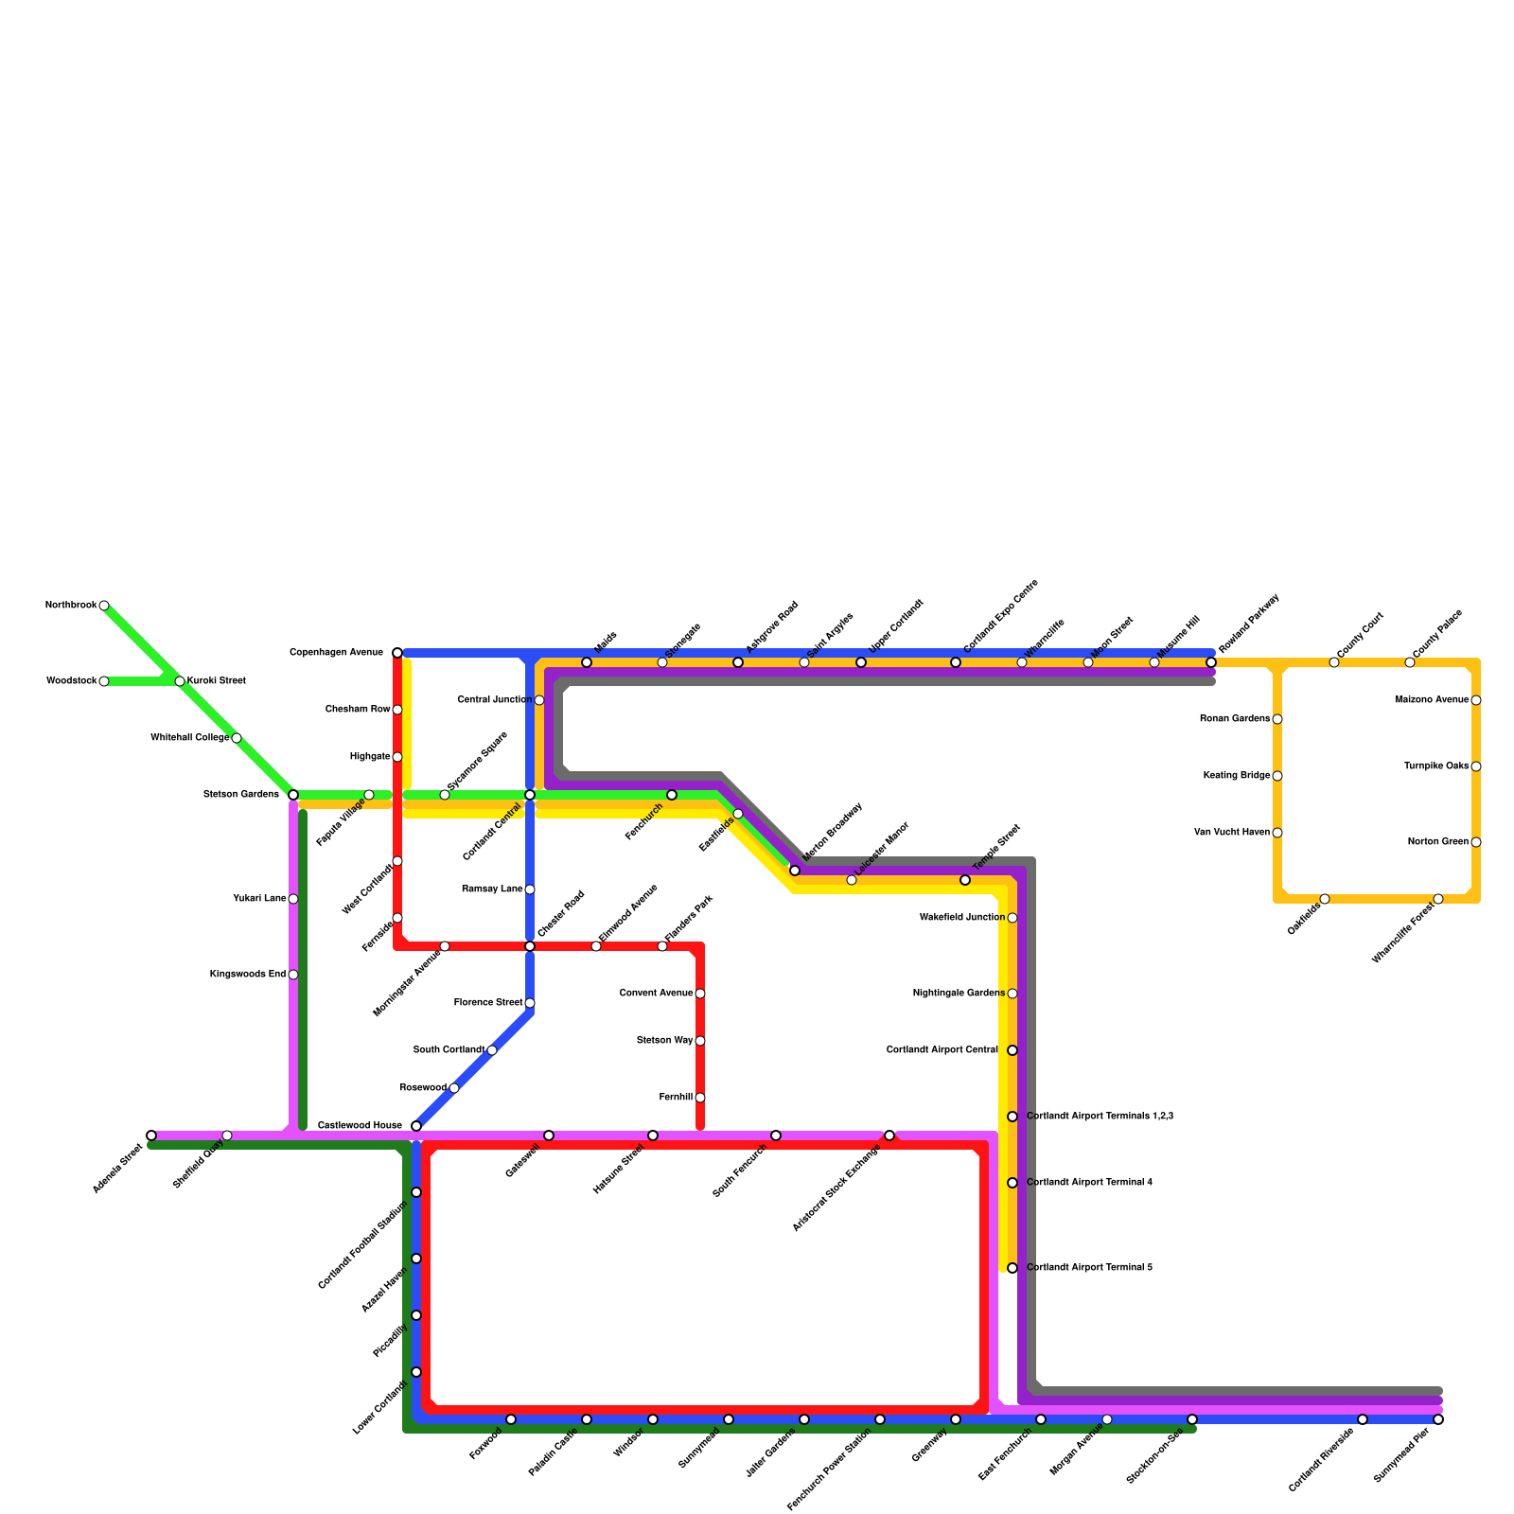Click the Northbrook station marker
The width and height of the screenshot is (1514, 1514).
[x=104, y=606]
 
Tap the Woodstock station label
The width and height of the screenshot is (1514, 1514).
[x=71, y=681]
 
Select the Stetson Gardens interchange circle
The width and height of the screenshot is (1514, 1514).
[x=293, y=795]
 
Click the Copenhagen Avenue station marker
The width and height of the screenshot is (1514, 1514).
[x=397, y=653]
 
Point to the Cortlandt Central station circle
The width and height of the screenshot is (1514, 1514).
[x=530, y=795]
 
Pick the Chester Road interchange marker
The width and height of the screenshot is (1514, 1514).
[x=530, y=946]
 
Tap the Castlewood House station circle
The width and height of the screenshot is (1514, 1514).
[x=416, y=1126]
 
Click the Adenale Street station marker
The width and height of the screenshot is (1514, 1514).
[x=151, y=1135]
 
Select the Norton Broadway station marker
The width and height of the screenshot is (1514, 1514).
[x=795, y=871]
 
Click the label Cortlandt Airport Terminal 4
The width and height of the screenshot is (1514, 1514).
[x=1089, y=1183]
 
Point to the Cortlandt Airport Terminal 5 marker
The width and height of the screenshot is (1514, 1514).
[x=1012, y=1268]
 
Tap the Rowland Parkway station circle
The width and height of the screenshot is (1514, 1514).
[x=1211, y=662]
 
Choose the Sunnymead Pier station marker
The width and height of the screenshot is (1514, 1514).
[x=1438, y=1419]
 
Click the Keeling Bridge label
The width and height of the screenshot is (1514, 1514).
[x=1237, y=776]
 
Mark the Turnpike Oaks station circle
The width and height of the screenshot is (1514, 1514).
[x=1476, y=766]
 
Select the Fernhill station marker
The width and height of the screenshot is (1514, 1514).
[x=700, y=1098]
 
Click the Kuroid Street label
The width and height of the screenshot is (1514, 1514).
[x=216, y=681]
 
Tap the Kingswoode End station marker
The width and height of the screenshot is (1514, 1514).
[x=293, y=975]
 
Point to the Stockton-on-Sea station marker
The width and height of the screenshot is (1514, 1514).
[x=1192, y=1419]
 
